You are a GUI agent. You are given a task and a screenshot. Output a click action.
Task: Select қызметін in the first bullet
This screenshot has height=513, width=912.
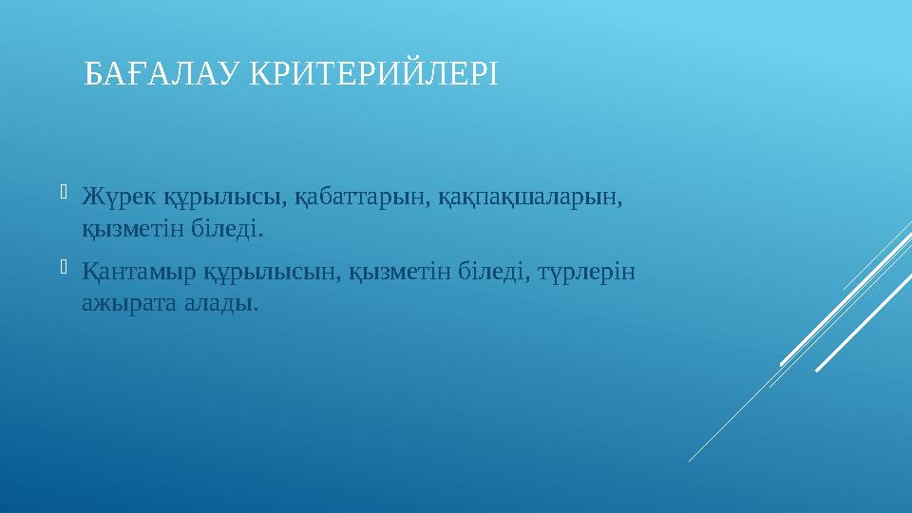coord(124,229)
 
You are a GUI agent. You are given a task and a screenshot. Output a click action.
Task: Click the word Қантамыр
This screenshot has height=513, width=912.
coord(139,273)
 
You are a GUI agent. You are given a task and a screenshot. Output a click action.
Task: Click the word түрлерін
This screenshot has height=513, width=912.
coord(587,273)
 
